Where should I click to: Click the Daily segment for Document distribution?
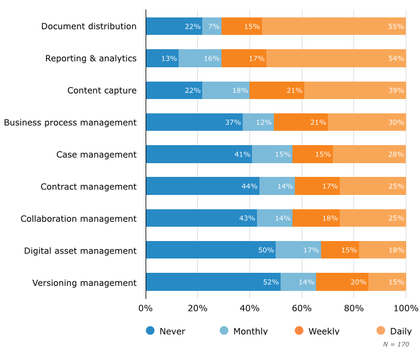[x=334, y=26]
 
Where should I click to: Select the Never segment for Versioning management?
[x=213, y=282]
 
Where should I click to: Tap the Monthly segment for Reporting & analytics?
[x=200, y=59]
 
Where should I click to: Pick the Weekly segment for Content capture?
[x=277, y=90]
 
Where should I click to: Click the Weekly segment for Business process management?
[x=301, y=122]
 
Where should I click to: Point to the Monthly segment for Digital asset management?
[x=298, y=250]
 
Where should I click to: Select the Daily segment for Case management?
[x=369, y=154]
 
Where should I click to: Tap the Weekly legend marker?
[x=299, y=330]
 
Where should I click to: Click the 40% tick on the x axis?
[x=250, y=308]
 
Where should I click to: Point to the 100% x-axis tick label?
[x=406, y=308]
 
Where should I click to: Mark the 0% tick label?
[x=146, y=308]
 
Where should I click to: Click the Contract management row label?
[x=88, y=187]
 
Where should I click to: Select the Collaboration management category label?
[x=78, y=219]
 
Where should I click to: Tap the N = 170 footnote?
[x=396, y=343]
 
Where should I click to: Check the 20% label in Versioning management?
[x=358, y=283]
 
